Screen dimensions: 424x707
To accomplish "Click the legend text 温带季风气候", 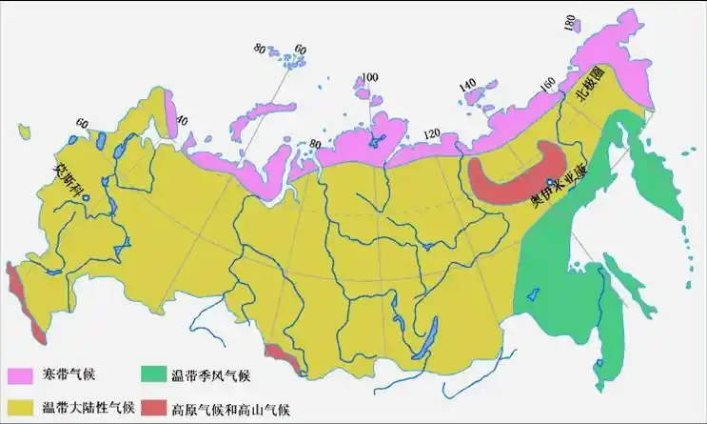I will coord(209,375).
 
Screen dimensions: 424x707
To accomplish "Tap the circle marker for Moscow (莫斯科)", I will coord(85,198).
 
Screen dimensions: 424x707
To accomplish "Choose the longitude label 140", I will coord(467,86).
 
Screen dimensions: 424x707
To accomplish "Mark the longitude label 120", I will coord(432,132).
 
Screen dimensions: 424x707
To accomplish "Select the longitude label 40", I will coord(183,121).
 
